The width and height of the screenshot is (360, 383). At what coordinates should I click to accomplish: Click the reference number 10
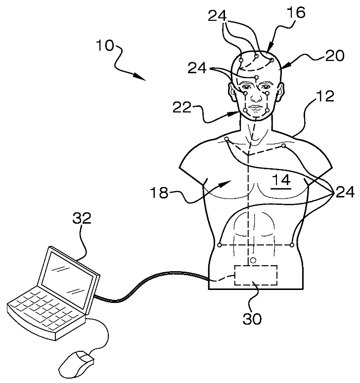click(105, 47)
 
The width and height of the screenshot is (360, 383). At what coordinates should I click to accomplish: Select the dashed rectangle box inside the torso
click(255, 275)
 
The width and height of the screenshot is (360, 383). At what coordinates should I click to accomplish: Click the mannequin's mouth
click(255, 108)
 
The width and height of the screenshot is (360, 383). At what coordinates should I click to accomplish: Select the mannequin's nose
click(255, 97)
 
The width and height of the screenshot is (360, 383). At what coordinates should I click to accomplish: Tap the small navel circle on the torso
click(253, 260)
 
